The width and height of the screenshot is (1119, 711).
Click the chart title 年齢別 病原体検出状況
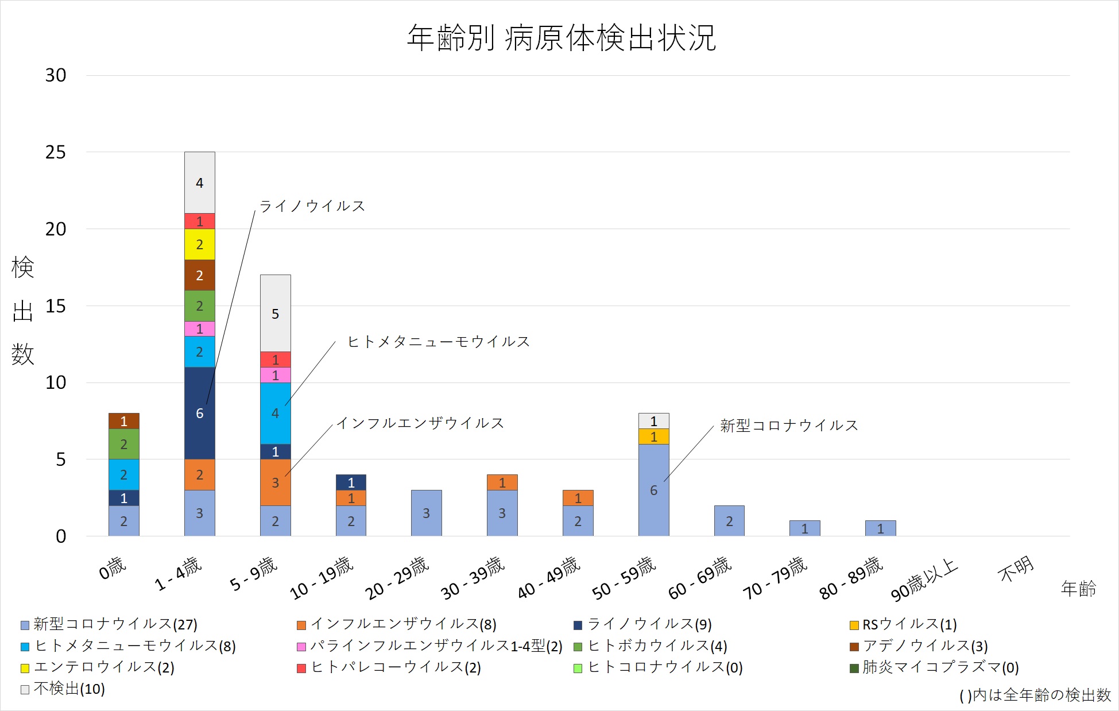coord(561,38)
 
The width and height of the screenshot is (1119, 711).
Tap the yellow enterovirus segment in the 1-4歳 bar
coord(199,244)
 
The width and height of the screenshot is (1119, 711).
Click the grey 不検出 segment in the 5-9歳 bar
coord(275,313)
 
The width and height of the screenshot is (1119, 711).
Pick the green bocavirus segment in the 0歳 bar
coord(123,443)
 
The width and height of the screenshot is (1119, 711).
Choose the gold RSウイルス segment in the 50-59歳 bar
coord(653,436)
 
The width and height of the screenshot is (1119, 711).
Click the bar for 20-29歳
coord(426,513)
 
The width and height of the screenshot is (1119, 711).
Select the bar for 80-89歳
coord(880,528)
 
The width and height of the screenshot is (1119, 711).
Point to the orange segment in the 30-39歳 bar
coord(502,482)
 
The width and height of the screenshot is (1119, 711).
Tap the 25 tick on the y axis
coord(56,152)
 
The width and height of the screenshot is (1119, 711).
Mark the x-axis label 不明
coord(1016,569)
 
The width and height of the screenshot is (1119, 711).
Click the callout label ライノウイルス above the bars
coord(312,206)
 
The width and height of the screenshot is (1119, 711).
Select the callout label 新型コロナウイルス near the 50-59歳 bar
coord(789,426)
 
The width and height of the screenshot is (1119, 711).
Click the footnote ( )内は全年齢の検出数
coord(1035,695)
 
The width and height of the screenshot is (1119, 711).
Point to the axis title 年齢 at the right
coord(1078,589)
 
